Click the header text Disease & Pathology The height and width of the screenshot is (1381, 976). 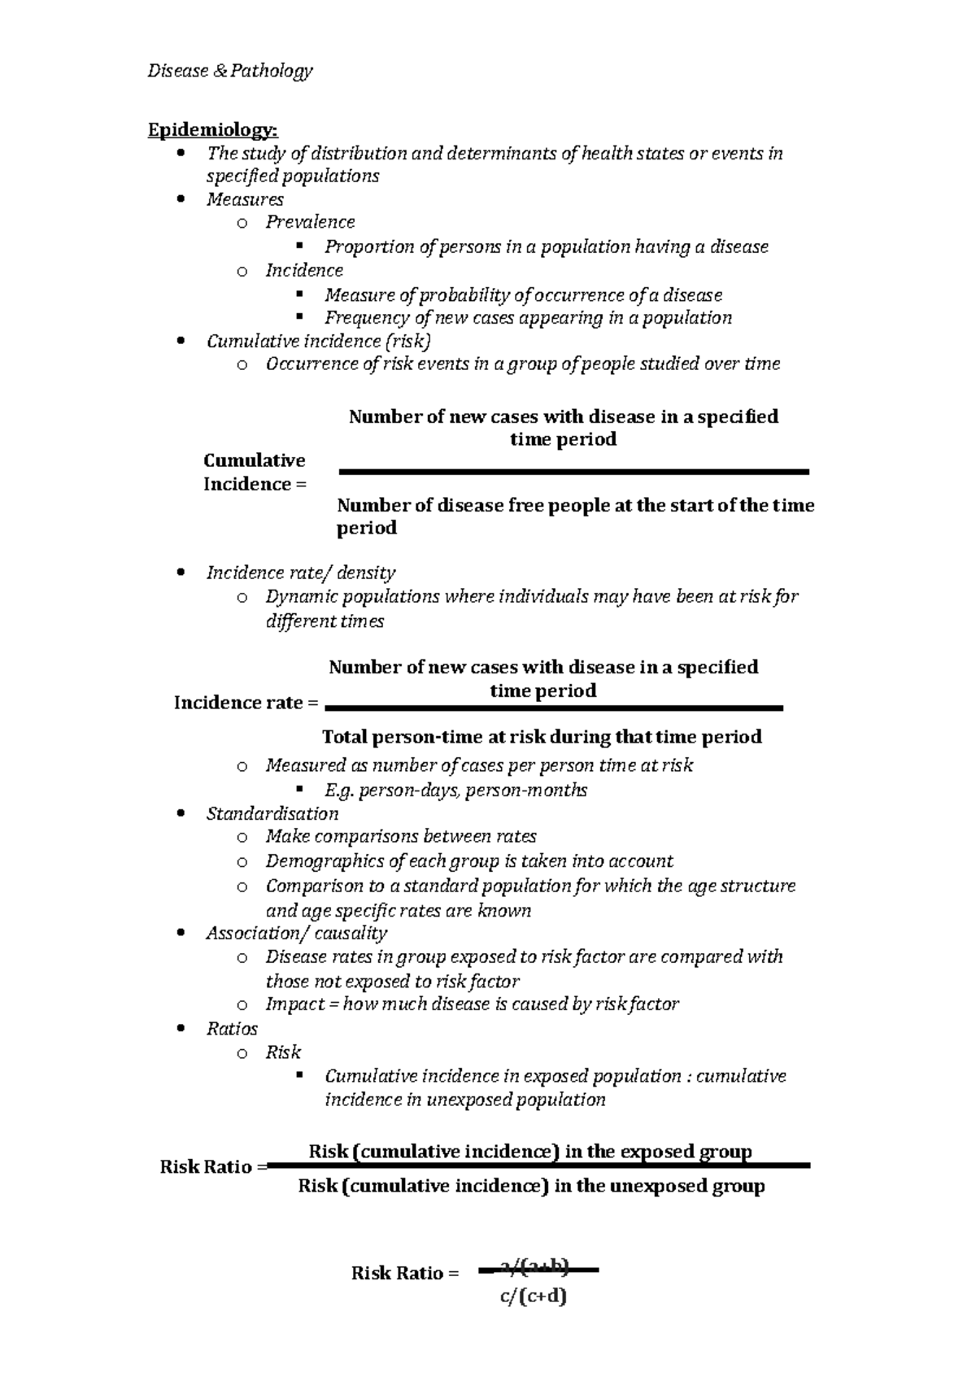[229, 72]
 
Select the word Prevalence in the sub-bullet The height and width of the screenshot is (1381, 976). [310, 222]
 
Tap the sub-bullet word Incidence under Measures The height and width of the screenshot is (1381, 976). [304, 270]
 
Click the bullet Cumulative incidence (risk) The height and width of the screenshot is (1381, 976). [318, 341]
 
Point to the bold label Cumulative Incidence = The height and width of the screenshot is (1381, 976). [255, 473]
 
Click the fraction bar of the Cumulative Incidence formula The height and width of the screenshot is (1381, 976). [573, 472]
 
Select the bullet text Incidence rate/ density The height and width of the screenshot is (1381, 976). [301, 573]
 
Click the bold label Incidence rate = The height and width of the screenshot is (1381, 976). [246, 703]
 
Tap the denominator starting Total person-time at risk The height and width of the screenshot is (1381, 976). [542, 737]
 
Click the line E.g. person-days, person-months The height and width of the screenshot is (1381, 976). [455, 790]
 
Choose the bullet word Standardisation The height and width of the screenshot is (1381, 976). [272, 813]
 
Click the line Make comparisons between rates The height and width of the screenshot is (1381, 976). [401, 836]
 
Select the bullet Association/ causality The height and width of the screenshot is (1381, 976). [296, 933]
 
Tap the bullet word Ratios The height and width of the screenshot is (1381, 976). [232, 1029]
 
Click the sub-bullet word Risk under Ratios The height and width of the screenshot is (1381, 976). [283, 1052]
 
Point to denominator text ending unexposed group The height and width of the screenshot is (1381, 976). [531, 1186]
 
